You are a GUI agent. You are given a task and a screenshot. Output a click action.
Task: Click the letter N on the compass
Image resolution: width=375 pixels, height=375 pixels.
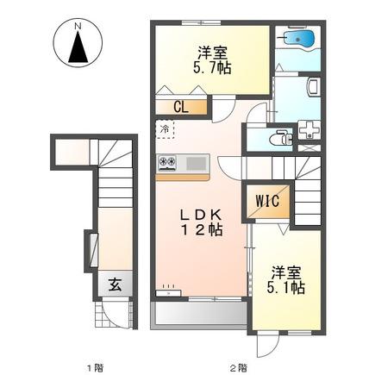point(78,26)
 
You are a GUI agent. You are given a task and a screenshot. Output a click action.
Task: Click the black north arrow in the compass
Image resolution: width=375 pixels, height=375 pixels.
point(78,47)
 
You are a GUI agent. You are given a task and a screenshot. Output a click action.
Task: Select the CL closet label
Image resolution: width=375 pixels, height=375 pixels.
point(181,108)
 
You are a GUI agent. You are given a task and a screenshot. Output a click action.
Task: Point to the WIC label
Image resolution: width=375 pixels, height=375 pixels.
point(267,201)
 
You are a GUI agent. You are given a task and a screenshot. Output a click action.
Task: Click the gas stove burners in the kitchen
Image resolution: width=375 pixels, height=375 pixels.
point(167,161)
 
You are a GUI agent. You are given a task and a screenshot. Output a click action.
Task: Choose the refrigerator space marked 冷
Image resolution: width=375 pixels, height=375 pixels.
point(165,129)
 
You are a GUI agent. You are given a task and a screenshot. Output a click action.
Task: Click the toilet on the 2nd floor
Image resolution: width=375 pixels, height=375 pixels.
point(280,138)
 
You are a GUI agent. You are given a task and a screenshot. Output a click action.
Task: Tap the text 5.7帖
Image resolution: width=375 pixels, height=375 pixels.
point(212,68)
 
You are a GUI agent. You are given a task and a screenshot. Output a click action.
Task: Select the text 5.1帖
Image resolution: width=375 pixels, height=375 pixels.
point(285,288)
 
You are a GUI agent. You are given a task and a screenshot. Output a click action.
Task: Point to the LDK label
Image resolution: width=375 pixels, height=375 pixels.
point(201,215)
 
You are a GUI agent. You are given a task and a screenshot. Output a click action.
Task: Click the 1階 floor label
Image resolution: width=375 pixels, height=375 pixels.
point(96,367)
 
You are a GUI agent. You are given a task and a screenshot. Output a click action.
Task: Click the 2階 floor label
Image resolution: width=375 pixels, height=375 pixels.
point(238,367)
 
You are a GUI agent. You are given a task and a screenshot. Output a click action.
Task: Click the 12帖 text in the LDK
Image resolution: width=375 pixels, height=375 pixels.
point(201,230)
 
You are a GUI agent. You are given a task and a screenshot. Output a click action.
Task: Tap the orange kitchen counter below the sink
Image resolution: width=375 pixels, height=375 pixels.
point(183,178)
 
